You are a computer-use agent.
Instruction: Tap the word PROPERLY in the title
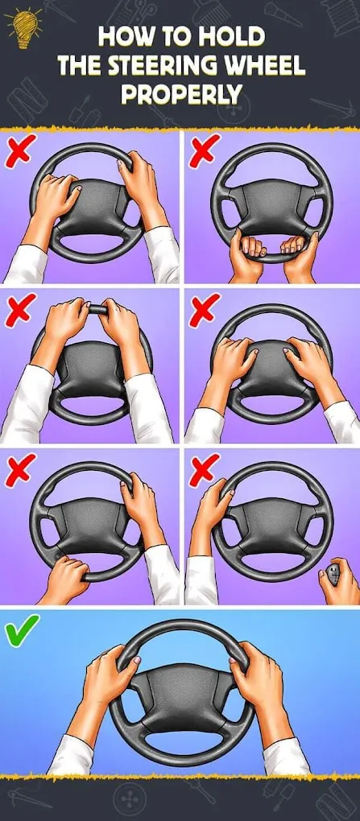[180, 95]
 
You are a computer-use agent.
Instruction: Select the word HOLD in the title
[236, 37]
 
